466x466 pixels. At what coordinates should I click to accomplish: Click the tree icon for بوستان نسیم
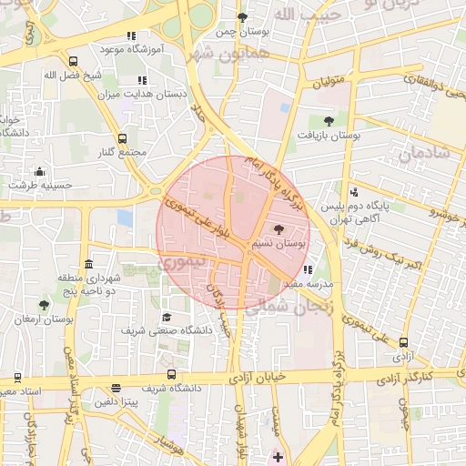(279, 230)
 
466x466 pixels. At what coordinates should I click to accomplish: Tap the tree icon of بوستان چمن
(242, 17)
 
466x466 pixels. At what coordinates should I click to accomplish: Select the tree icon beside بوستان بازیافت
(329, 120)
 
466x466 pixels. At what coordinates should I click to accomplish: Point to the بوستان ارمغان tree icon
(44, 306)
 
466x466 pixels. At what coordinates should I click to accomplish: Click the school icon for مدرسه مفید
(309, 269)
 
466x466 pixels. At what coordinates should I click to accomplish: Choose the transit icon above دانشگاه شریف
(172, 374)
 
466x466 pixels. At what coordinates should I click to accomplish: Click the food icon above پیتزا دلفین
(116, 388)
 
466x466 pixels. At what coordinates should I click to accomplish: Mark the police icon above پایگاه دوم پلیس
(354, 191)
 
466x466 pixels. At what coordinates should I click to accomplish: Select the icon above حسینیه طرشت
(39, 171)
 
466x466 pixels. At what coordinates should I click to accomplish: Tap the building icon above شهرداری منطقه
(87, 266)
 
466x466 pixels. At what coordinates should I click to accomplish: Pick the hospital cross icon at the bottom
(278, 456)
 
